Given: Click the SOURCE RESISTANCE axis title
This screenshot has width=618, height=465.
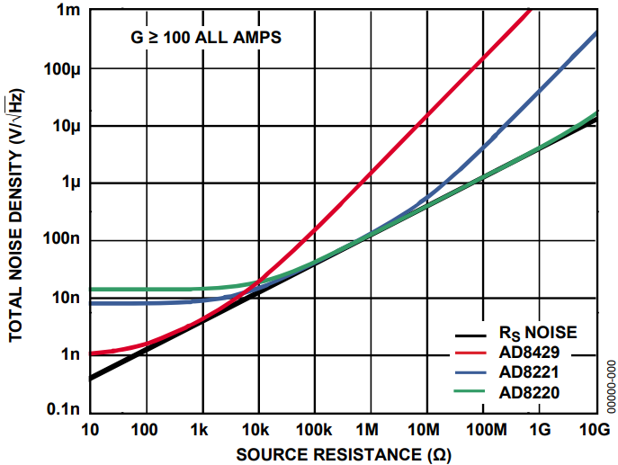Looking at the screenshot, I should pyautogui.click(x=344, y=454).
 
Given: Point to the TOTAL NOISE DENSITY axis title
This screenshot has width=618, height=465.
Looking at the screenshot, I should pyautogui.click(x=16, y=213).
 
